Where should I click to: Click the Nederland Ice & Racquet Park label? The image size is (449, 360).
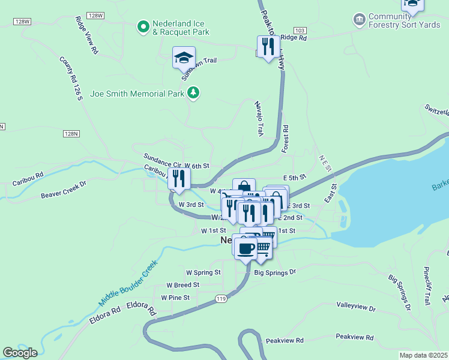(x=181, y=27)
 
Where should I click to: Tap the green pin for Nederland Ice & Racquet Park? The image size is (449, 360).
(x=143, y=26)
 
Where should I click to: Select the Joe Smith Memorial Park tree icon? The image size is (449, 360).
(x=193, y=92)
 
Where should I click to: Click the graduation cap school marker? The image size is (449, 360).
(x=184, y=58)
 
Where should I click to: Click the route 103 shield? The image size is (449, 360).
(x=301, y=30)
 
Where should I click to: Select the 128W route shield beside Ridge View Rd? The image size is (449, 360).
(x=95, y=15)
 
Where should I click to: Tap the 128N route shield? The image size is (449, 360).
(x=71, y=134)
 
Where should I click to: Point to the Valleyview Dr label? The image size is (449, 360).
(x=356, y=308)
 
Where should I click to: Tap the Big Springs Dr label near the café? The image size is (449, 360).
(x=276, y=272)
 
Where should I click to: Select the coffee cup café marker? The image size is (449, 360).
(x=244, y=248)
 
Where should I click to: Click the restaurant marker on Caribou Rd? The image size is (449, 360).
(x=179, y=178)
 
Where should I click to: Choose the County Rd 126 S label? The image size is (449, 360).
(x=70, y=78)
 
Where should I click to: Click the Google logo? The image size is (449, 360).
(x=20, y=352)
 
